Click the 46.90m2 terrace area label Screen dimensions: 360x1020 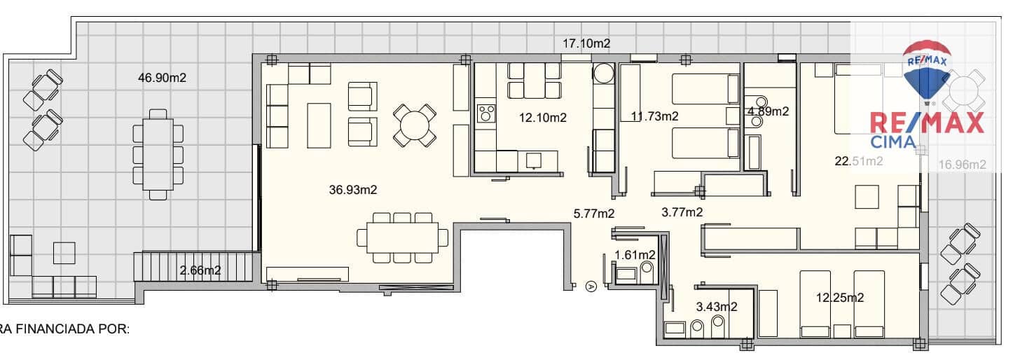pyautogui.click(x=162, y=78)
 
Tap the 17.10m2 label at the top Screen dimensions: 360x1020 pyautogui.click(x=586, y=43)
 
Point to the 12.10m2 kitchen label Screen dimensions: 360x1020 pyautogui.click(x=542, y=117)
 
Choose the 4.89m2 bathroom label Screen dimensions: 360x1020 pyautogui.click(x=769, y=111)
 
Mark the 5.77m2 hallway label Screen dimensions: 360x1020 pyautogui.click(x=593, y=213)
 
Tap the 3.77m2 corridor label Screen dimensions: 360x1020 pyautogui.click(x=682, y=212)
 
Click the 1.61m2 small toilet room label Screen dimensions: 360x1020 pyautogui.click(x=635, y=254)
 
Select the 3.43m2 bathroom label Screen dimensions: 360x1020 pyautogui.click(x=716, y=306)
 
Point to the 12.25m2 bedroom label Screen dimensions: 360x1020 pyautogui.click(x=839, y=298)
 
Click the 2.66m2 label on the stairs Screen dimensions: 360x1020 pyautogui.click(x=200, y=270)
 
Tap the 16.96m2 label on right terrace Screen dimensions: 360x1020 pyautogui.click(x=962, y=165)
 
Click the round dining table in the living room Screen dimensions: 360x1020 pyautogui.click(x=412, y=124)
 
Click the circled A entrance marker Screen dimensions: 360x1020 pyautogui.click(x=591, y=286)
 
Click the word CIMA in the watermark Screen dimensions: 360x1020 pyautogui.click(x=892, y=142)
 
